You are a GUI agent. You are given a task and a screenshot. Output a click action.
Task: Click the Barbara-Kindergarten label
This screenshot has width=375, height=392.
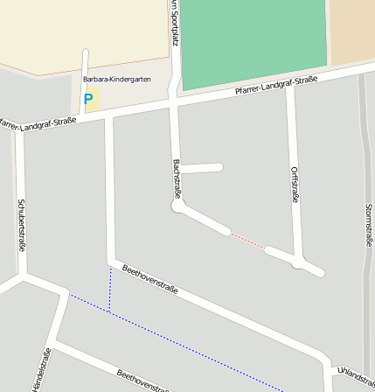point(116,80)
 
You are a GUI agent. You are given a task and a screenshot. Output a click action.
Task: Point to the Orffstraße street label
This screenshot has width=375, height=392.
point(295,184)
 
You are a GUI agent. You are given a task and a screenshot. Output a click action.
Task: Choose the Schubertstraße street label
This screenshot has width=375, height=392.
point(21,225)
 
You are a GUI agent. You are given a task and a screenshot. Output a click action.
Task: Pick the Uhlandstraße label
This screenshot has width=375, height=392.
point(355,375)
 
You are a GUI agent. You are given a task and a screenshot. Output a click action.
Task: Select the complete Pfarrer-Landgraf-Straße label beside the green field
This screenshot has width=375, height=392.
point(275,86)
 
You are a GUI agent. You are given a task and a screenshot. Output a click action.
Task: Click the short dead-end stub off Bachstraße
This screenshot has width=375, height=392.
point(201,167)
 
